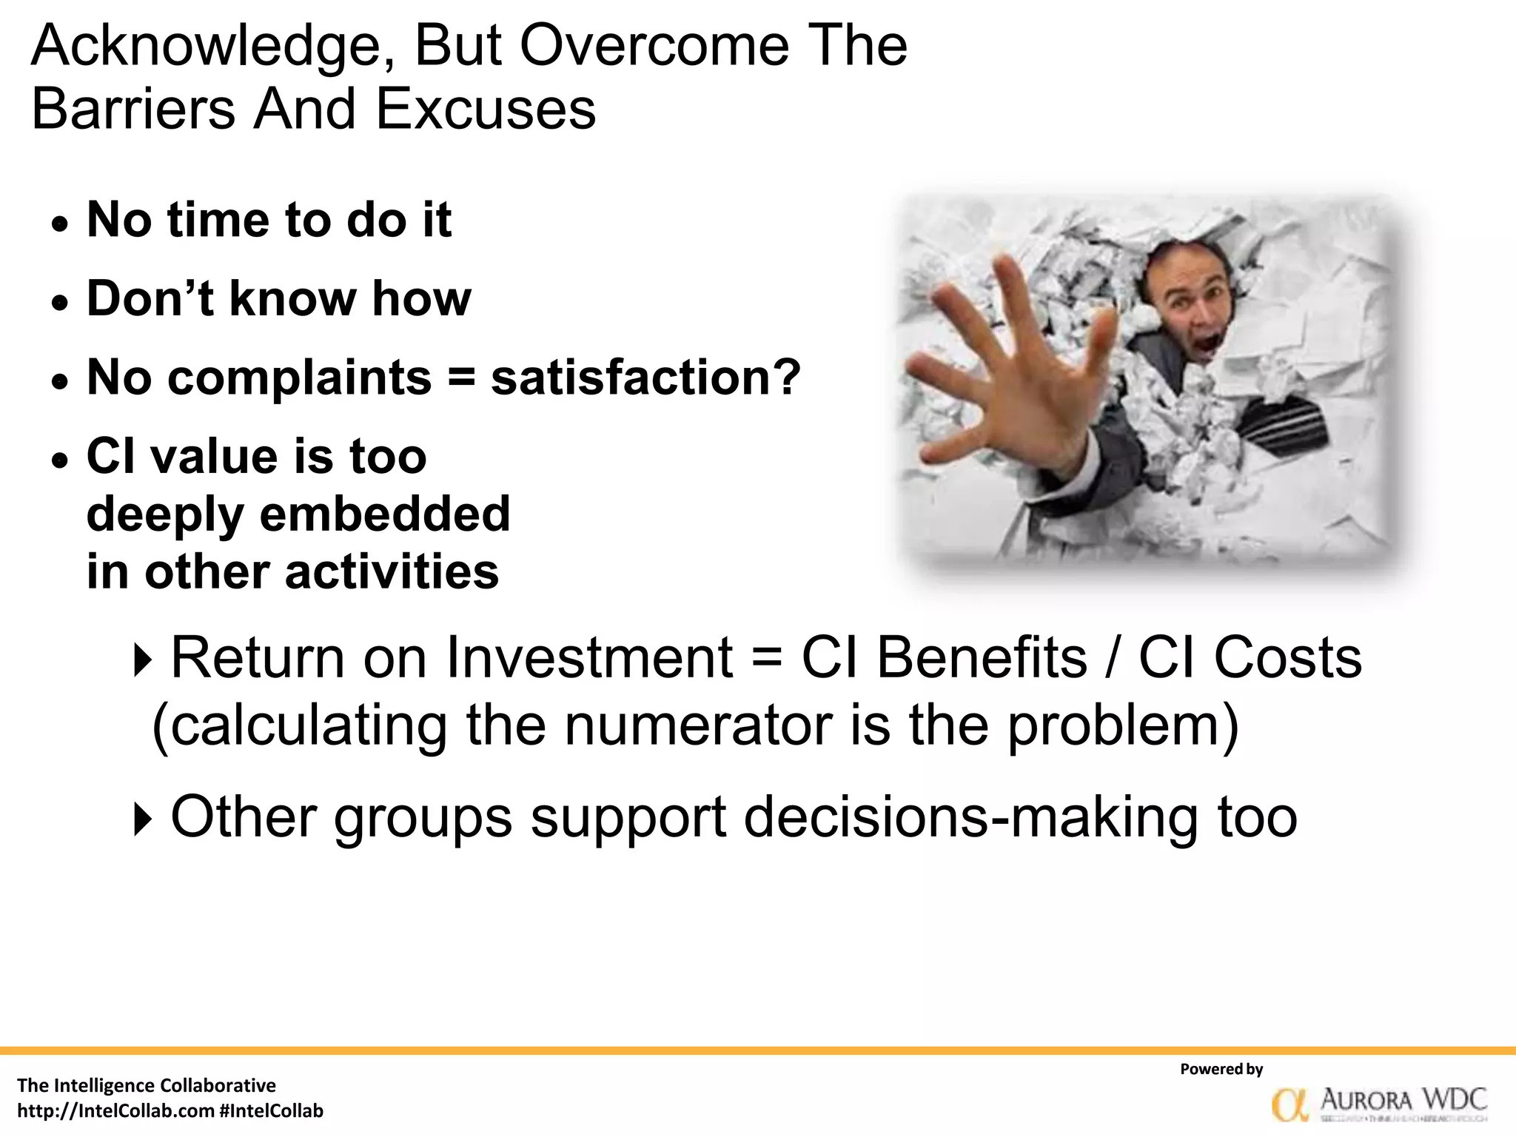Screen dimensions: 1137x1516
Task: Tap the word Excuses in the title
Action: click(485, 110)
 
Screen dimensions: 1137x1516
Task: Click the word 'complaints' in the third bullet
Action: click(300, 378)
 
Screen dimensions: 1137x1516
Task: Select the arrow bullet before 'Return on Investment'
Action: click(141, 660)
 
